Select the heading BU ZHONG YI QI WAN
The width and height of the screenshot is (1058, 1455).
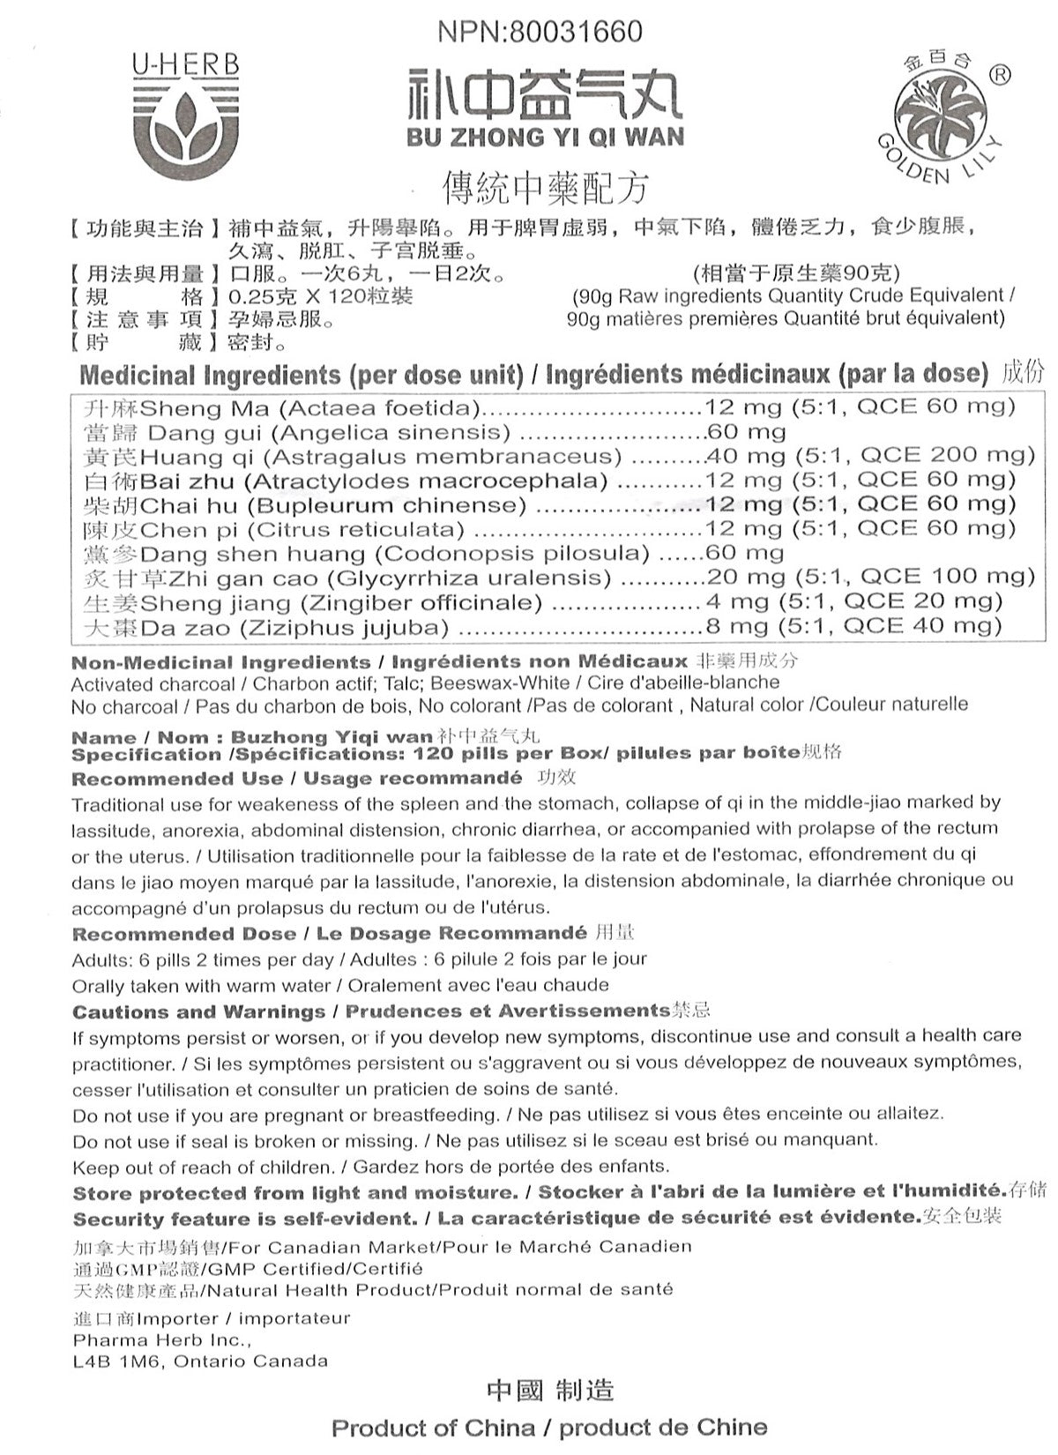(545, 138)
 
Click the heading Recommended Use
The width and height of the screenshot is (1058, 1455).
(177, 779)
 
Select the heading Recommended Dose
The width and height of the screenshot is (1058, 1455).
(183, 933)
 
